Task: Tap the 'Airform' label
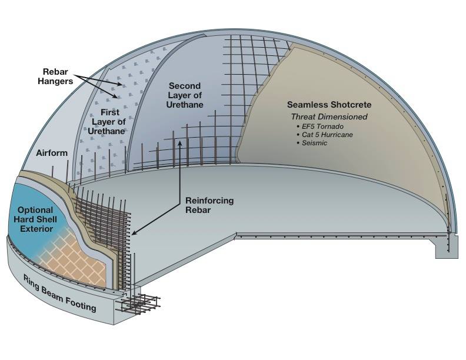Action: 51,153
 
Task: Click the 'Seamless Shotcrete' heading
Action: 321,104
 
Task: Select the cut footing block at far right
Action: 444,246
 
